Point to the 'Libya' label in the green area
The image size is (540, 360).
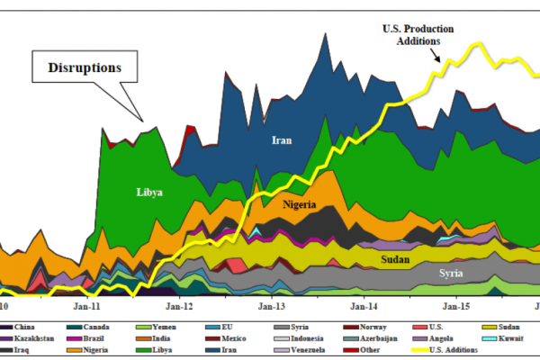pos(149,192)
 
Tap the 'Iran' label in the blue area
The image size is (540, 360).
pos(283,139)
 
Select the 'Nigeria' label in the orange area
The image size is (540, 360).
pos(298,204)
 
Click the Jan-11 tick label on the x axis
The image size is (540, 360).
pos(87,305)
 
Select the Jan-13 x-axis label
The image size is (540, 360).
pos(272,305)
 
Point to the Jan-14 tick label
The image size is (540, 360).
pos(364,305)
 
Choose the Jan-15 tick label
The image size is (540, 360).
pos(456,305)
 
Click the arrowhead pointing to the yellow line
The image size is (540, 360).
pos(439,60)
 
